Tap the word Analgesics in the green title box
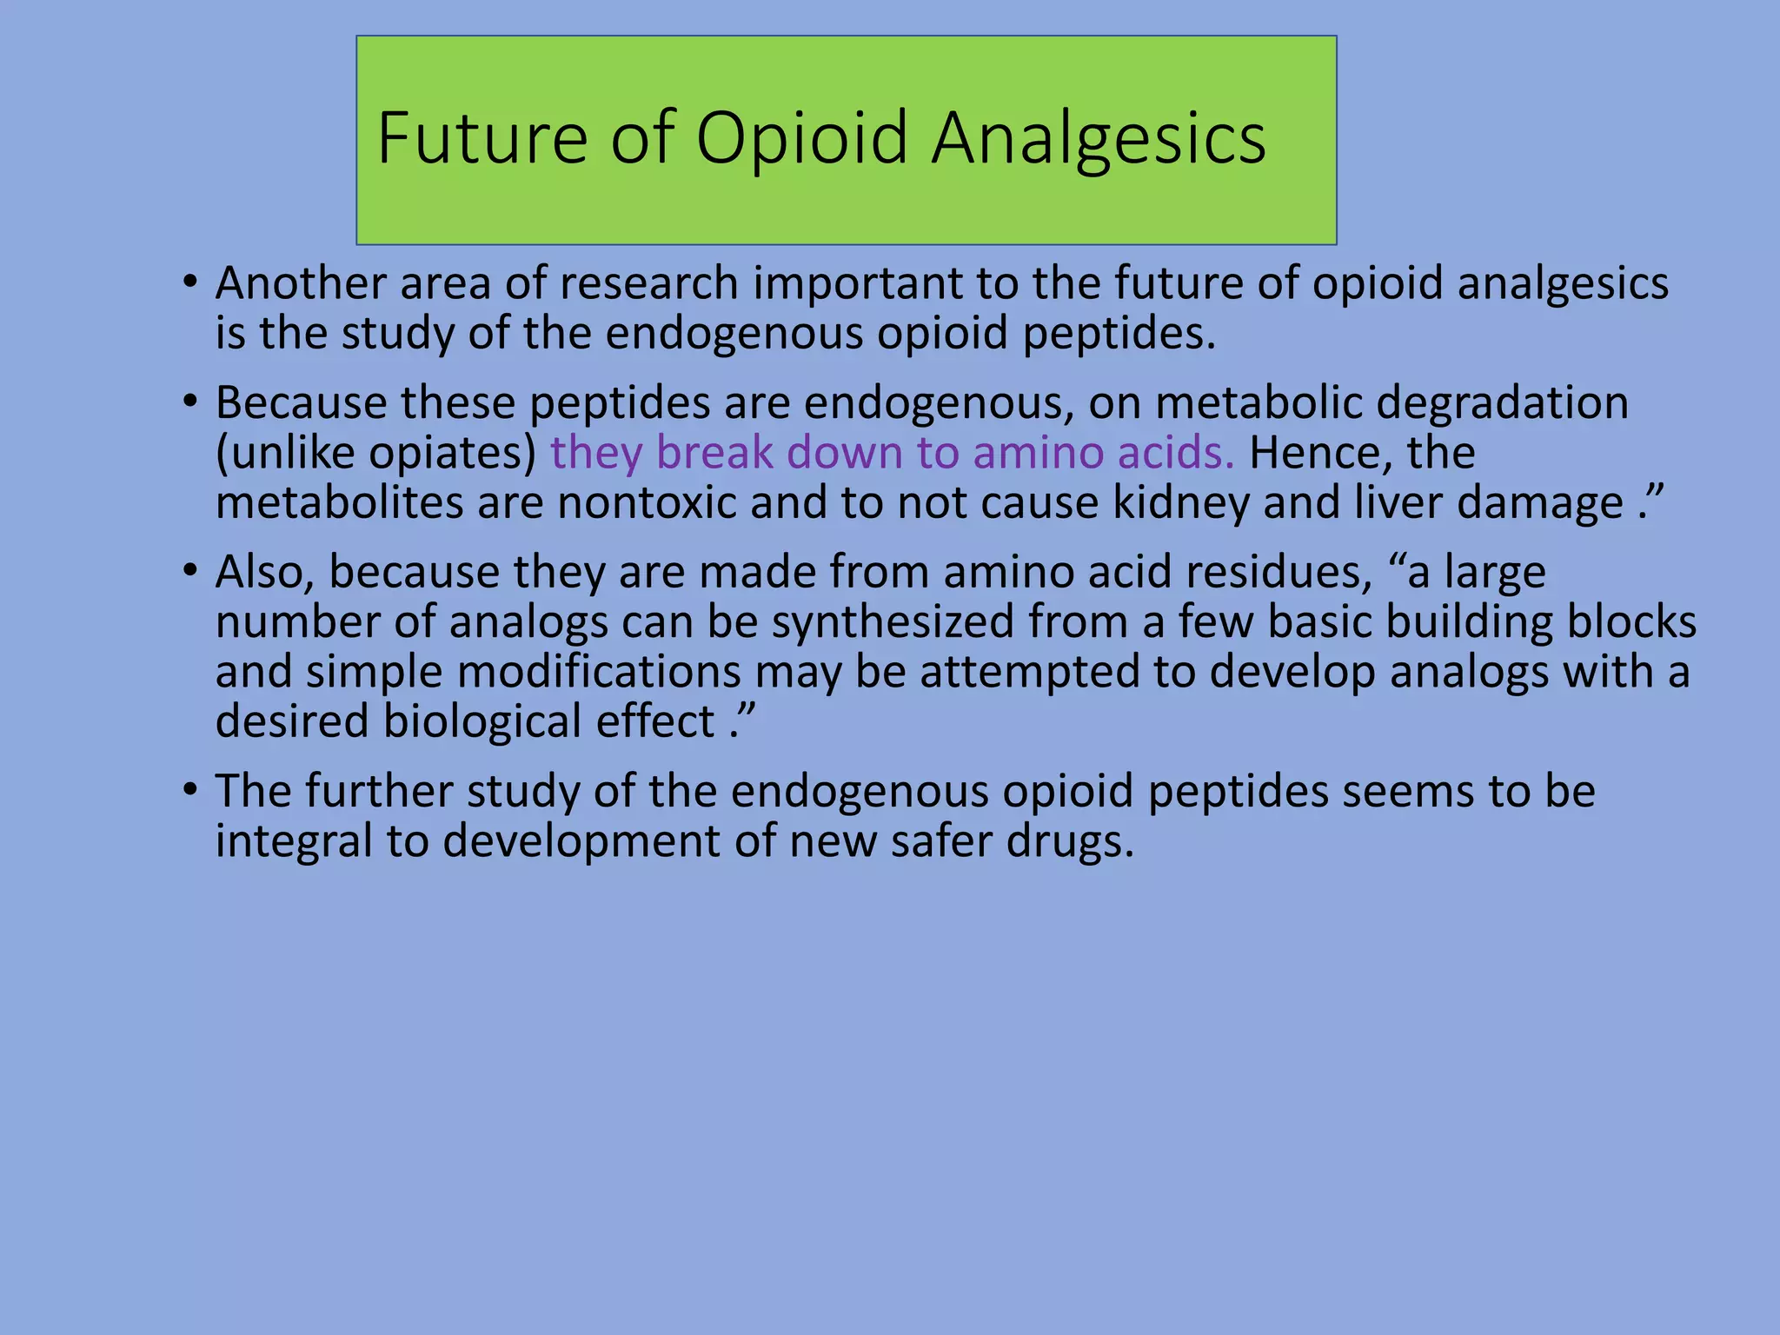pyautogui.click(x=1099, y=139)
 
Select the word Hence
pyautogui.click(x=1314, y=453)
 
